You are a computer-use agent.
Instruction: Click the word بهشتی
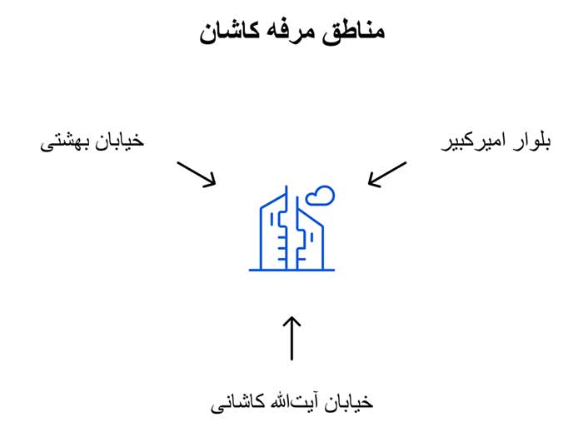[62, 141]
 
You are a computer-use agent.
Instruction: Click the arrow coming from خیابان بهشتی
[197, 173]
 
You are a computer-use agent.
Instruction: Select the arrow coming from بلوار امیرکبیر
[386, 174]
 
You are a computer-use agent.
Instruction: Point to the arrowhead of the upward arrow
[291, 320]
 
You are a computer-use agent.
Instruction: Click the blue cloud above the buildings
[319, 196]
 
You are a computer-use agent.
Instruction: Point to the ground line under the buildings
[291, 271]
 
